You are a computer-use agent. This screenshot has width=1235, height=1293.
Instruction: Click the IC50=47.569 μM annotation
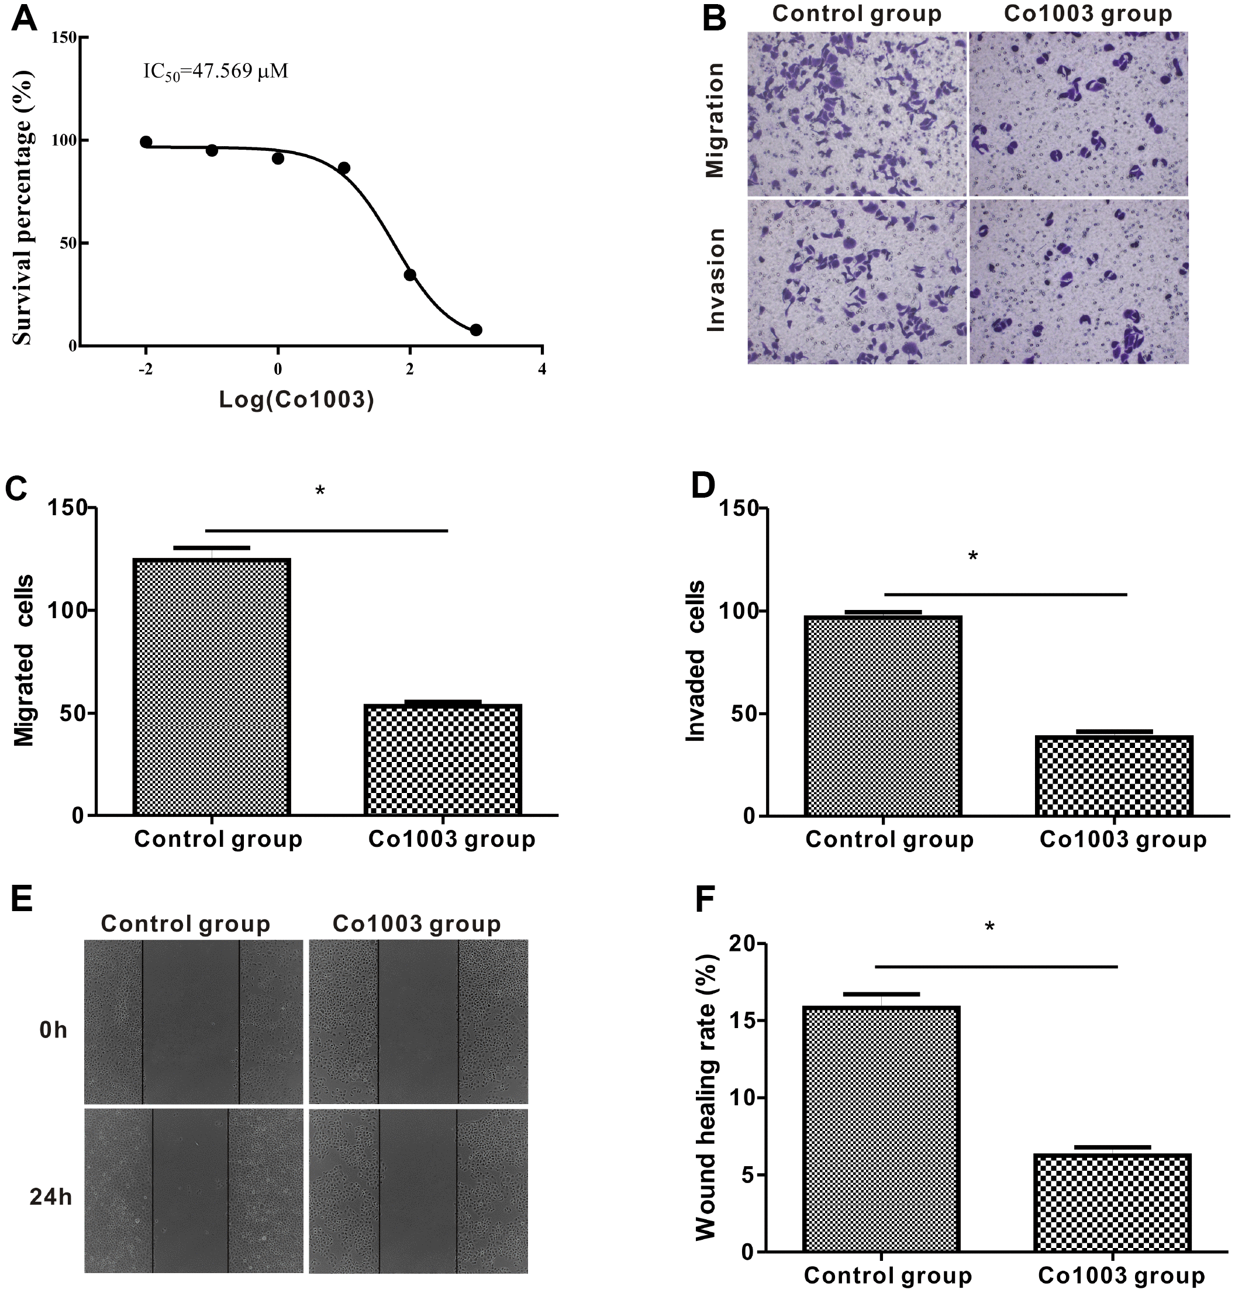pos(216,71)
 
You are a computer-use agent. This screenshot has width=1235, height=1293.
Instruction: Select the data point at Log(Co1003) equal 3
pos(476,330)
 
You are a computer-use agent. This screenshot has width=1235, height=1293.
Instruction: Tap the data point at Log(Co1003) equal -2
pos(146,142)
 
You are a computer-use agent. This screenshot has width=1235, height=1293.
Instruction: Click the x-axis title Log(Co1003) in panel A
pos(296,399)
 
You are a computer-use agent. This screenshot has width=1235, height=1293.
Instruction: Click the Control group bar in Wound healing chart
pos(881,1129)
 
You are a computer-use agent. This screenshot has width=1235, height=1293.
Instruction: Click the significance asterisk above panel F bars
pos(989,927)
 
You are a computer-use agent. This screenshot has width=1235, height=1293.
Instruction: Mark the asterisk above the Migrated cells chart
pos(320,491)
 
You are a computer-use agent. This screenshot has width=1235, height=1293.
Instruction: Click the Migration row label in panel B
pos(715,120)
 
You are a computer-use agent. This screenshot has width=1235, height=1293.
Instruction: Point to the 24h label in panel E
pos(51,1197)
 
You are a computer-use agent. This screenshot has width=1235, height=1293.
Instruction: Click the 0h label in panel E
pos(53,1030)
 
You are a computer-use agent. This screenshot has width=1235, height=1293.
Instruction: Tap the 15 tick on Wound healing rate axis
pos(743,1021)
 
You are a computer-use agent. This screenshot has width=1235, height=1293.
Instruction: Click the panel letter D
pos(703,486)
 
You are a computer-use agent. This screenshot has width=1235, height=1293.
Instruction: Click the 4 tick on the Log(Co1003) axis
pos(542,370)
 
